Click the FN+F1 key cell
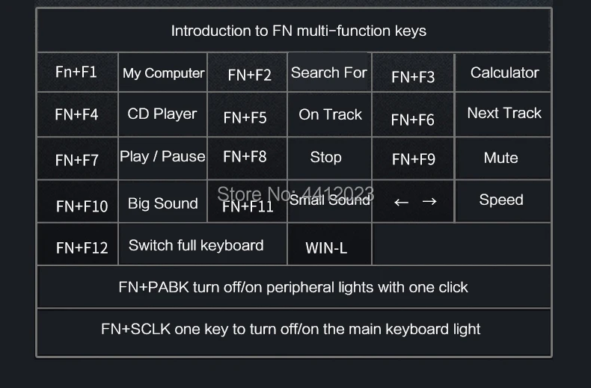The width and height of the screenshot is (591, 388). [76, 72]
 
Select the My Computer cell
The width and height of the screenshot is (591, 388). [163, 73]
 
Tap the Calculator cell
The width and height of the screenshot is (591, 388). [504, 73]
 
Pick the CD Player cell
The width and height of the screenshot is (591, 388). [162, 114]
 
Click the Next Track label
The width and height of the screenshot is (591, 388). [504, 113]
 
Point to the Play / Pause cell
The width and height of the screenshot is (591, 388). [162, 156]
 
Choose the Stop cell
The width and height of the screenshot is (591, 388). [325, 157]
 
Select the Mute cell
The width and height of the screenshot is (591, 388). [500, 158]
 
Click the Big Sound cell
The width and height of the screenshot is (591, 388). [162, 203]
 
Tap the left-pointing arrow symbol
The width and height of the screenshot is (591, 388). [401, 202]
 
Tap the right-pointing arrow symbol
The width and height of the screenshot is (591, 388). [429, 202]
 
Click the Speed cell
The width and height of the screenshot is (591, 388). [501, 200]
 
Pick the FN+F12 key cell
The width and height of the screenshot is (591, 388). [82, 247]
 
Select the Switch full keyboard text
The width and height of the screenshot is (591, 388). [196, 245]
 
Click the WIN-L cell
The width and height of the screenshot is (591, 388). [326, 247]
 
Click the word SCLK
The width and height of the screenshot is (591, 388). [151, 329]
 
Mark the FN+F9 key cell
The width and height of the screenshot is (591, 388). [414, 158]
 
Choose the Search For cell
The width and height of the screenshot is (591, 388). [328, 73]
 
